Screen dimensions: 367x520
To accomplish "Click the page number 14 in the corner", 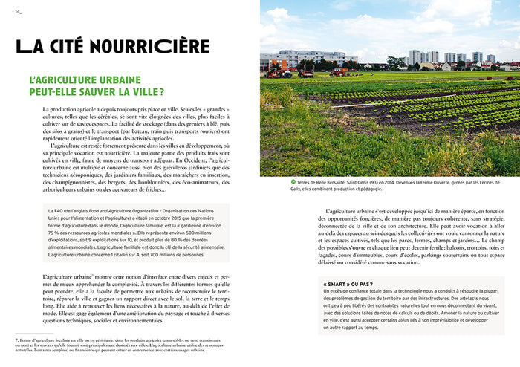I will [x=18, y=10].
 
